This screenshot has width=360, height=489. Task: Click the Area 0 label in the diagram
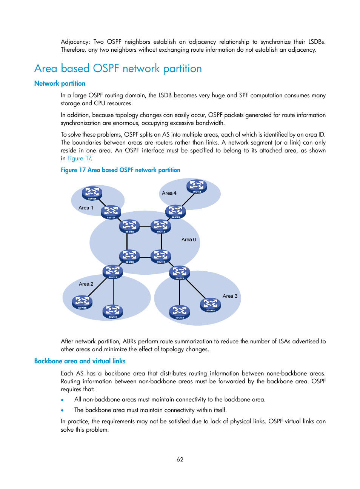point(189,240)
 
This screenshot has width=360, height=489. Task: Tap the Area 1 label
point(86,208)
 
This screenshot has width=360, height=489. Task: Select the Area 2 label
point(86,284)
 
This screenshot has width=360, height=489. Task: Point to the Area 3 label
point(230,296)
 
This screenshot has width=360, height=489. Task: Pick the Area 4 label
point(169,193)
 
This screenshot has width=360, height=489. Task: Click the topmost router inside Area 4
point(197,186)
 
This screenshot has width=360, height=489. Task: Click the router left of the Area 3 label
point(210,304)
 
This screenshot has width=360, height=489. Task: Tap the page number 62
point(180,460)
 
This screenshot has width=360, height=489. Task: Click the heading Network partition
point(60,83)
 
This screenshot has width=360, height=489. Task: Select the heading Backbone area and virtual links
point(80,361)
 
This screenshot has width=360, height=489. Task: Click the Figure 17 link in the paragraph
point(79,158)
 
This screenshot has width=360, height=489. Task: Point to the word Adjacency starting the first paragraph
point(75,42)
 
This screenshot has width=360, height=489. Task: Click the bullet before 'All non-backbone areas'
point(62,400)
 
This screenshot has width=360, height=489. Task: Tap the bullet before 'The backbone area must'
point(62,411)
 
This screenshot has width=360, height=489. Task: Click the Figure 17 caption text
point(120,170)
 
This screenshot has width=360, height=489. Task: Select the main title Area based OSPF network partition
point(118,69)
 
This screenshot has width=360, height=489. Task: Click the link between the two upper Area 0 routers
point(145,226)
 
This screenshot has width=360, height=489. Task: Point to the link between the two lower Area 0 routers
point(145,257)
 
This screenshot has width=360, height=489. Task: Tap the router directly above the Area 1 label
point(92,193)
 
